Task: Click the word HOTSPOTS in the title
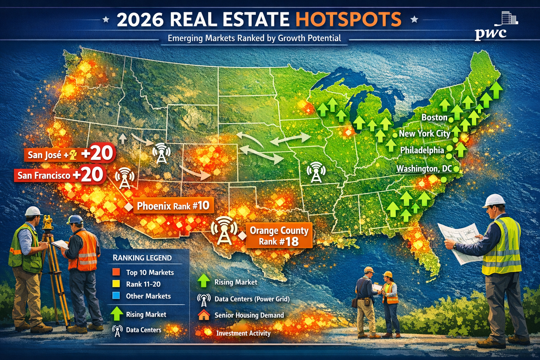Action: [348, 19]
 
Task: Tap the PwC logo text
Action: [490, 33]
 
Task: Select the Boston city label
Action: [435, 117]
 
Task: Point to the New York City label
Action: [424, 134]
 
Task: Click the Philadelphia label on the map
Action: [422, 150]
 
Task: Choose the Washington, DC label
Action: [424, 169]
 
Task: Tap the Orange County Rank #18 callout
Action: [279, 236]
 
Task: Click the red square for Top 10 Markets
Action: [116, 272]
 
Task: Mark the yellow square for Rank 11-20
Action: [116, 284]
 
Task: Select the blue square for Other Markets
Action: [116, 296]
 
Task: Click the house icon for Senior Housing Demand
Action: [204, 315]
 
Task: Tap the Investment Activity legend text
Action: [243, 333]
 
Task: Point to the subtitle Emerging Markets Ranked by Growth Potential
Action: [254, 38]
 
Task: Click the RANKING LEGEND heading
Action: [142, 258]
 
